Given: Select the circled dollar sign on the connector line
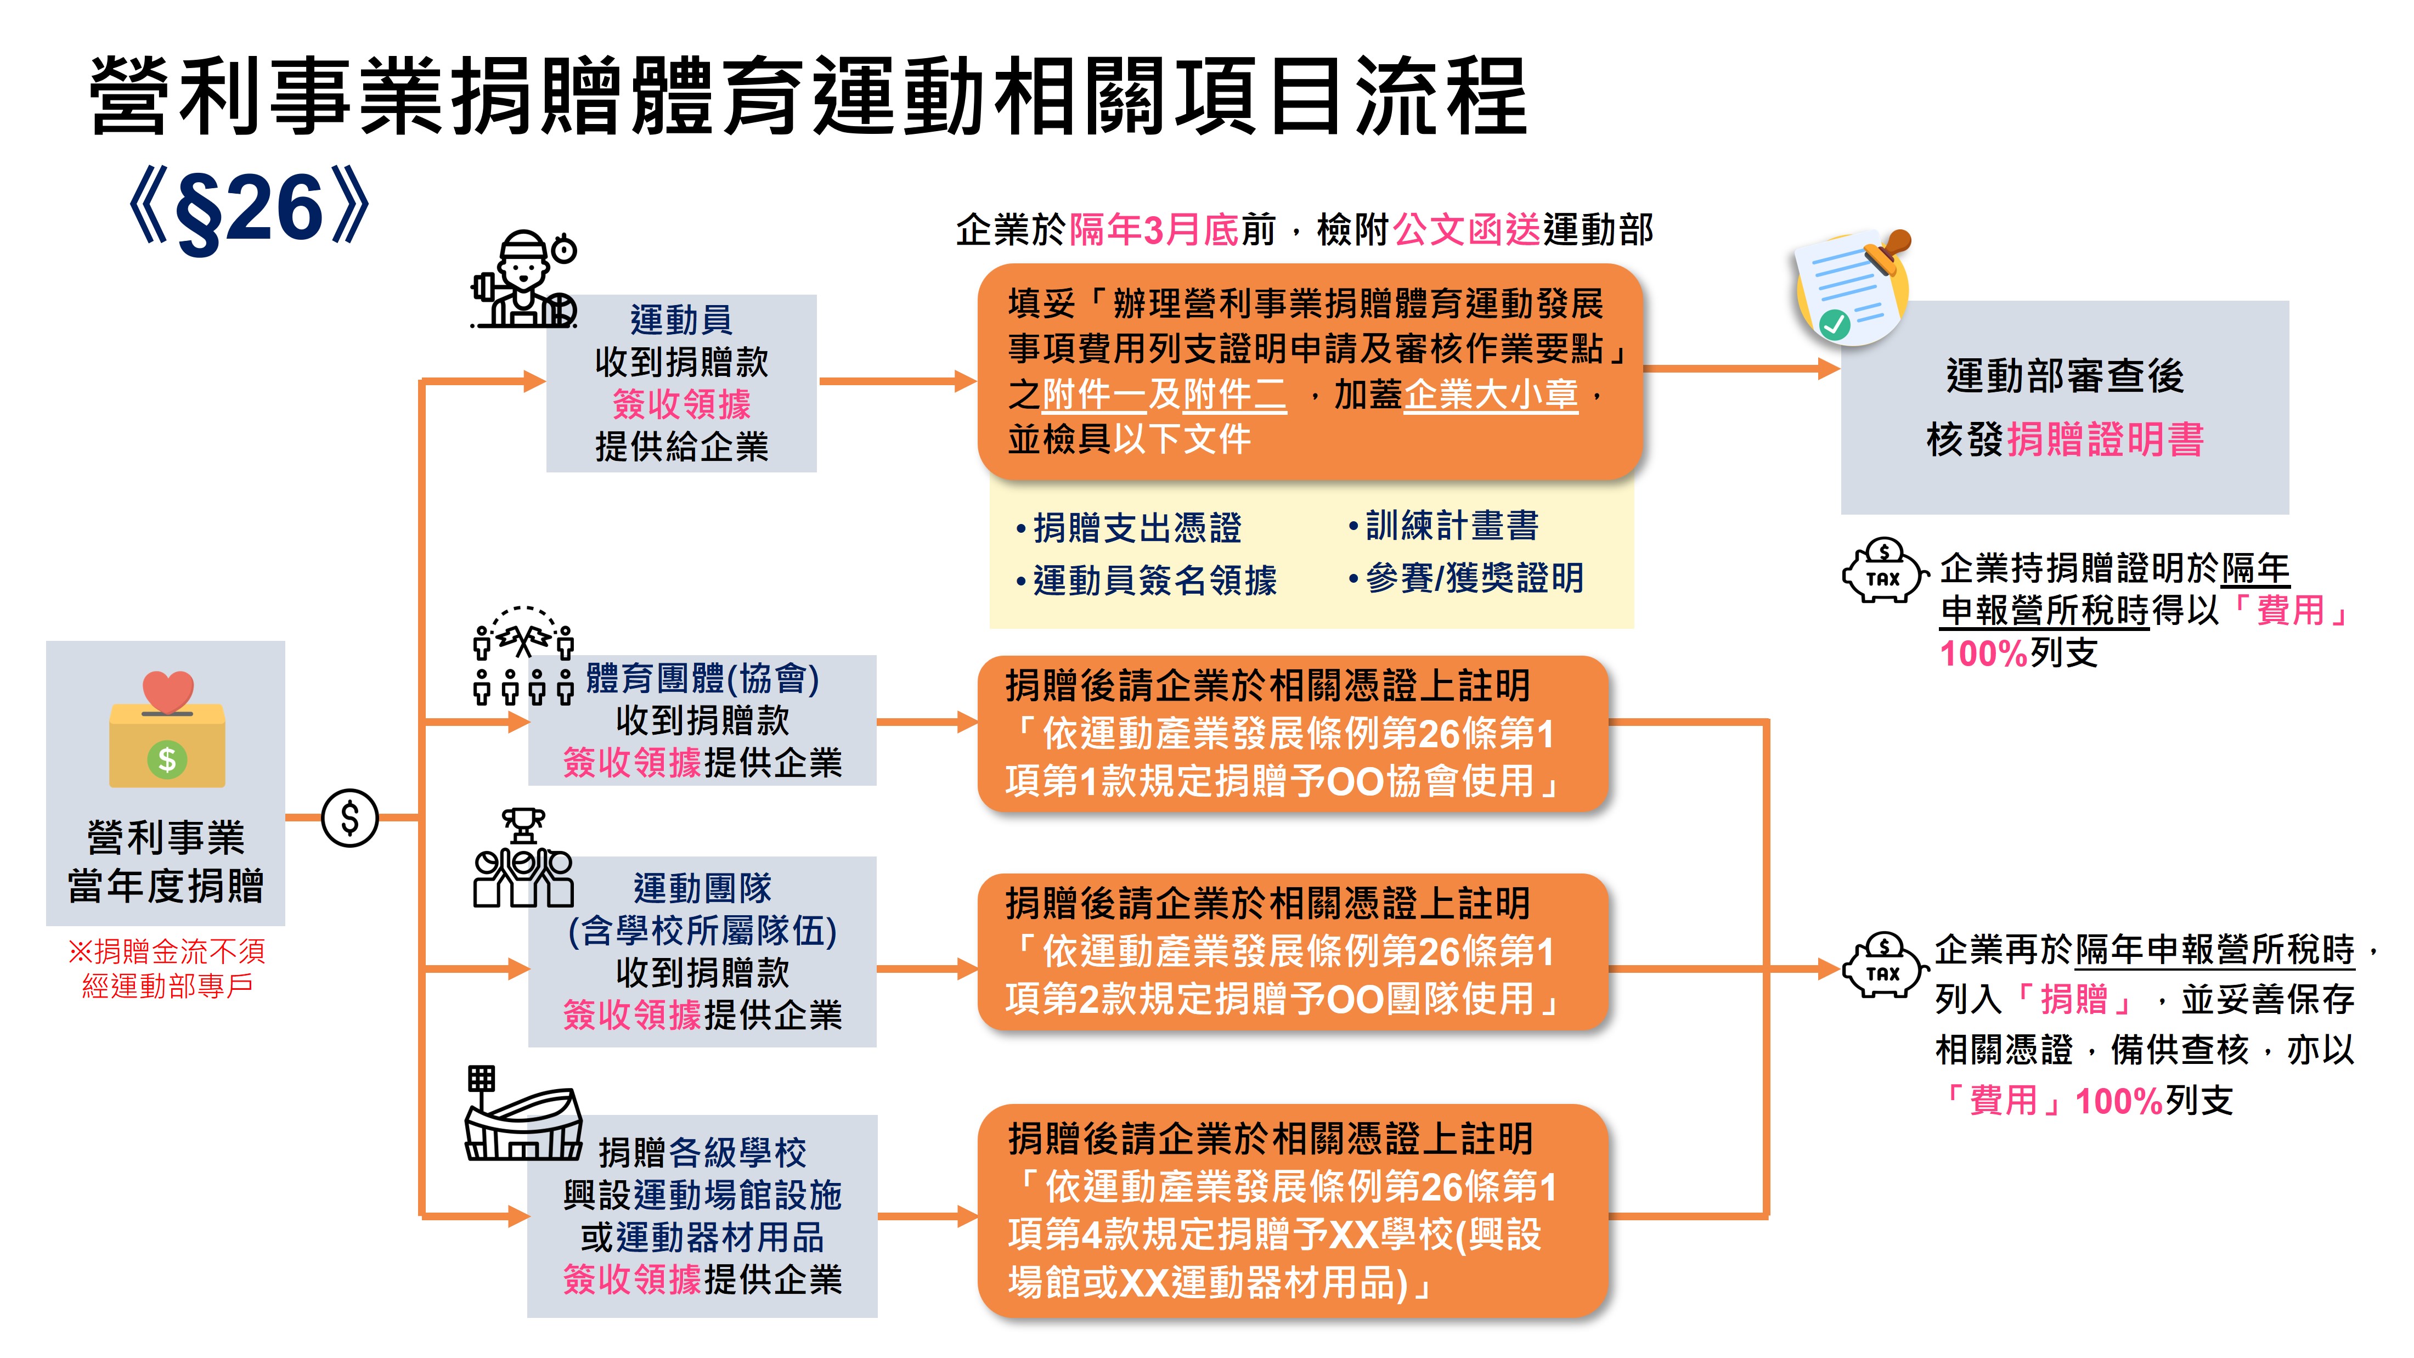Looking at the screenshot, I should coord(349,818).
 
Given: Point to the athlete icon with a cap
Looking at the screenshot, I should coord(523,279).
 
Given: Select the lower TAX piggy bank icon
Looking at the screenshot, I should coord(1883,965).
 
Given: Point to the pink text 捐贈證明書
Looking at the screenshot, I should coord(2105,439).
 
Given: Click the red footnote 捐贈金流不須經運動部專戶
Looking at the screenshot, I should coord(167,968).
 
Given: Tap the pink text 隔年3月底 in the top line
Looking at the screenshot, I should coord(1154,229).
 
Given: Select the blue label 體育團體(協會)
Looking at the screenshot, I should coord(703,679).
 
